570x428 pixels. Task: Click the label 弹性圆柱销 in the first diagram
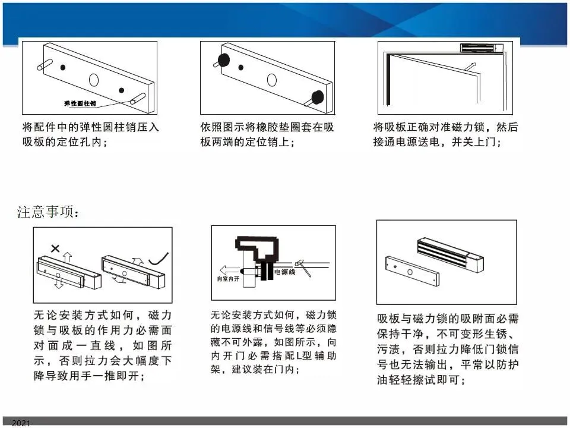[x=80, y=103]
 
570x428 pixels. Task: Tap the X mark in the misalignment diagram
[x=55, y=248]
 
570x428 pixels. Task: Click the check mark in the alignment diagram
[x=159, y=259]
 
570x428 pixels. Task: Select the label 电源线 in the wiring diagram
[x=284, y=272]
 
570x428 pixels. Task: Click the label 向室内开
[x=228, y=279]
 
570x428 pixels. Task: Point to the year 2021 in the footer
[x=21, y=423]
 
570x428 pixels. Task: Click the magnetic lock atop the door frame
[x=482, y=48]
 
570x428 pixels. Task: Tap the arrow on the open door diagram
[x=470, y=66]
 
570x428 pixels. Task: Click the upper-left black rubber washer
[x=224, y=61]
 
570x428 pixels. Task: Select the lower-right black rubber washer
[x=318, y=97]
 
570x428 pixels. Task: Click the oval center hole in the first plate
[x=94, y=80]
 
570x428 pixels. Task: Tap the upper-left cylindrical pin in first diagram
[x=45, y=64]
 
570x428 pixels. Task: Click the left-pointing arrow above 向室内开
[x=230, y=270]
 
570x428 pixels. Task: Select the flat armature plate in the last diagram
[x=412, y=271]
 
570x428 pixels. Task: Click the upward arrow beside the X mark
[x=67, y=257]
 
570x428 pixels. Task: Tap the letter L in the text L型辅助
[x=299, y=355]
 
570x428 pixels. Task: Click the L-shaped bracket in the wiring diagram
[x=257, y=251]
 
